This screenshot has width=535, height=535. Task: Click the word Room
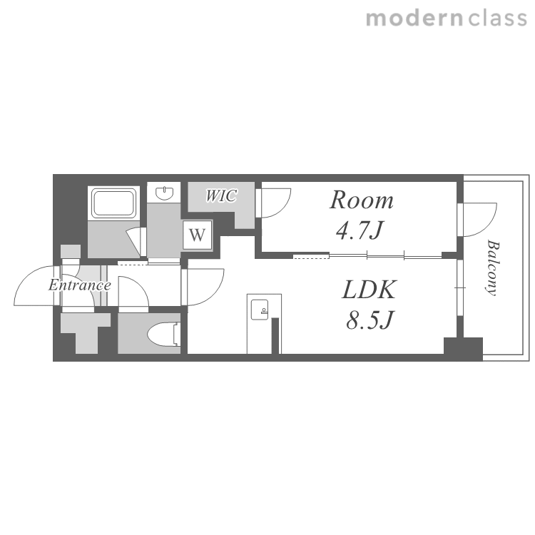click(x=362, y=200)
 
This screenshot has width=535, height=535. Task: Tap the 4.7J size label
click(x=360, y=230)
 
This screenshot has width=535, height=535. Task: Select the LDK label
click(x=370, y=290)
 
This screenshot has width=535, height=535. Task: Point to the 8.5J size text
click(x=370, y=320)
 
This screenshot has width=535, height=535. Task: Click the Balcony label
click(x=492, y=267)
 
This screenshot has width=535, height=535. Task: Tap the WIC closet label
click(x=221, y=196)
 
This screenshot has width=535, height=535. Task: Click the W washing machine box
click(x=197, y=235)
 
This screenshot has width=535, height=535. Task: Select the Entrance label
click(x=79, y=285)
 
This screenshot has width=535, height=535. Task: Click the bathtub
click(x=114, y=204)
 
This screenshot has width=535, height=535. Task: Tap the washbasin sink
click(x=165, y=193)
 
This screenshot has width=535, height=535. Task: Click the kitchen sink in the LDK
click(x=260, y=310)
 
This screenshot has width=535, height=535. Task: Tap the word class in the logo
click(x=498, y=19)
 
